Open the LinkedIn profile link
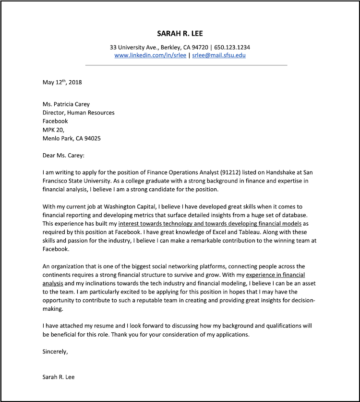coord(150,55)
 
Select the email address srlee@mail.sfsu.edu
coord(219,55)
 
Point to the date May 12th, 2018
coord(62,82)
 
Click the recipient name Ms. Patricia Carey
coord(66,104)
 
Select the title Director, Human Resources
coord(79,113)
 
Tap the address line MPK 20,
coord(53,130)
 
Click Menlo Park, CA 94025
coord(72,138)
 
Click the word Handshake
coord(275,172)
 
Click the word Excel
coord(218,232)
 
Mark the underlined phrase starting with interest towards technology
coord(210,224)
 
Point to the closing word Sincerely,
coord(56,352)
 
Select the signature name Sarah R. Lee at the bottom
coord(59,377)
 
